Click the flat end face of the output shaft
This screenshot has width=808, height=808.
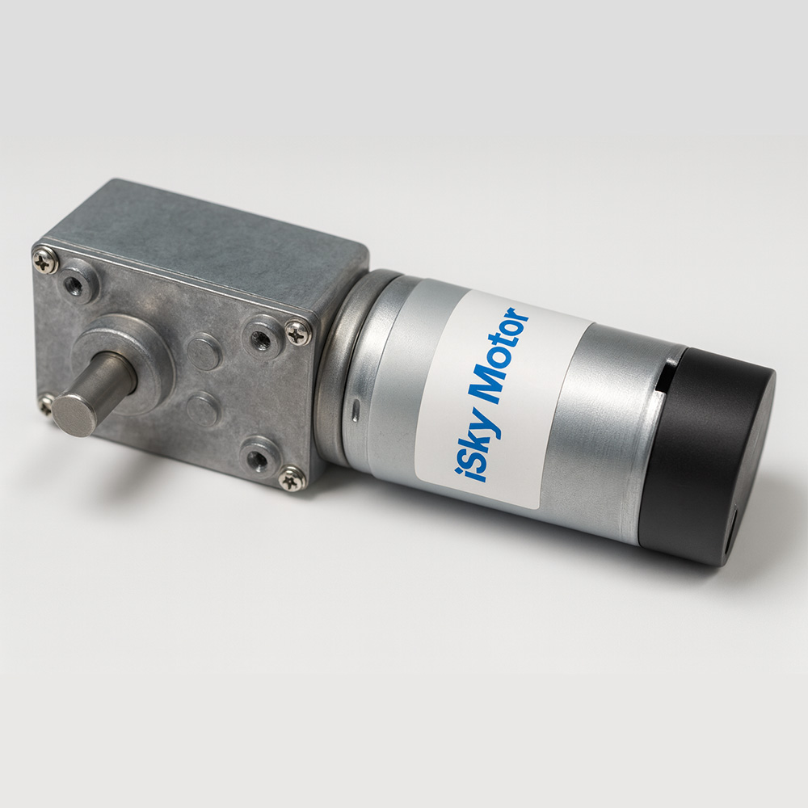(x=78, y=413)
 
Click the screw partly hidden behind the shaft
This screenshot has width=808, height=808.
(x=47, y=402)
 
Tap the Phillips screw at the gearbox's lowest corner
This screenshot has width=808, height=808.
(x=291, y=480)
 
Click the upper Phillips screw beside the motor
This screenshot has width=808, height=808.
(x=297, y=330)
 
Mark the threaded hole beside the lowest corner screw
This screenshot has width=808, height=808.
(x=259, y=459)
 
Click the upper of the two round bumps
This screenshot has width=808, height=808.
(x=204, y=351)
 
